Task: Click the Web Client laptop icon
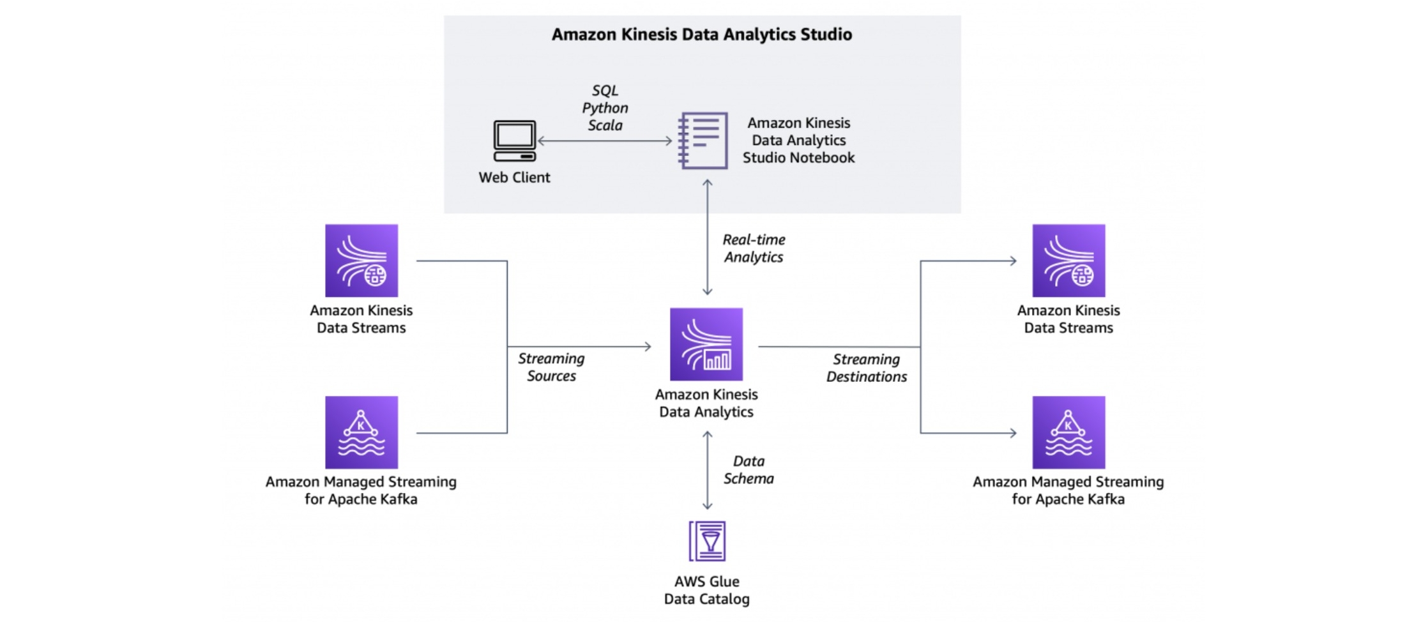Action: point(514,140)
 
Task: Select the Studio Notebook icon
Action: point(703,140)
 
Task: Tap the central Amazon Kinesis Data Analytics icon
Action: point(706,344)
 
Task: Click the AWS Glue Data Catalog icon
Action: point(707,541)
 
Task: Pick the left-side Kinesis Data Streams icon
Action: point(361,260)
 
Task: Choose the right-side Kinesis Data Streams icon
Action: point(1068,260)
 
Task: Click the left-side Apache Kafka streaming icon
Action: point(361,432)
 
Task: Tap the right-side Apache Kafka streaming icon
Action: point(1068,432)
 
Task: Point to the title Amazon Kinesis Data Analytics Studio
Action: point(702,34)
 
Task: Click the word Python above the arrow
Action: point(605,108)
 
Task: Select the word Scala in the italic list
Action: point(605,125)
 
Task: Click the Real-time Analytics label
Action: point(754,248)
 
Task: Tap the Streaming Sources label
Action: point(551,367)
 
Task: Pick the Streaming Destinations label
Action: point(867,368)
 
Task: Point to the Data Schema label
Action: point(748,470)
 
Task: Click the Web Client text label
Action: point(514,178)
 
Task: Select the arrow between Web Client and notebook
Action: point(605,141)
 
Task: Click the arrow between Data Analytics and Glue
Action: point(708,470)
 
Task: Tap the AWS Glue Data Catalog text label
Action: point(707,590)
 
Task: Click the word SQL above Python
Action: point(605,91)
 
